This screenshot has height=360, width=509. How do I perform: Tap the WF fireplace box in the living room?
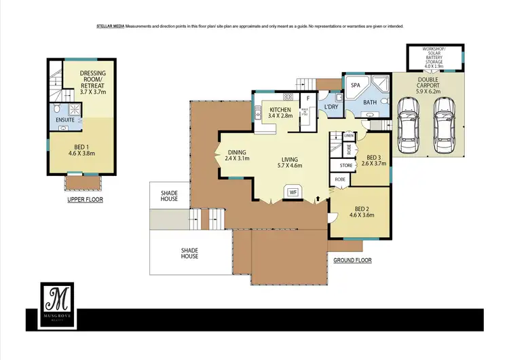(293, 193)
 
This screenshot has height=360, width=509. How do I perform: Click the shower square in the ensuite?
(74, 109)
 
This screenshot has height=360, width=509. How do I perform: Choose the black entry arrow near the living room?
(318, 199)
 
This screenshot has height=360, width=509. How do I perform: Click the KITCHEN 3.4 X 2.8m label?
(280, 113)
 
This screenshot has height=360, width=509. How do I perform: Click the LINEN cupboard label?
(349, 134)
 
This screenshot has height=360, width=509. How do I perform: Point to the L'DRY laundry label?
(331, 107)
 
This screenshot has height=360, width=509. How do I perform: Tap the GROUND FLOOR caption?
(352, 260)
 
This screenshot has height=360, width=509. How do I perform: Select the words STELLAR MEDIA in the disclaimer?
(108, 26)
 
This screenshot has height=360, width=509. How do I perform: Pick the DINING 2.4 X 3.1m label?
(238, 156)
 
